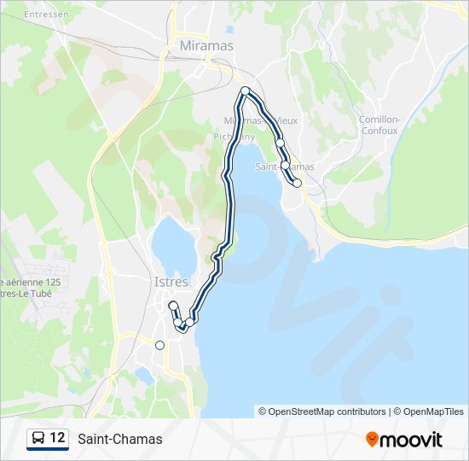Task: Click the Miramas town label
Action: click(206, 45)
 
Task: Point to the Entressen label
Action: click(45, 15)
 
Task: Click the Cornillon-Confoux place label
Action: click(379, 125)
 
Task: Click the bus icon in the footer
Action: click(38, 439)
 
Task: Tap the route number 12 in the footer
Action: click(57, 438)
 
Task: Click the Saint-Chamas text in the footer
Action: click(119, 439)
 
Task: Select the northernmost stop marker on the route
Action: click(245, 91)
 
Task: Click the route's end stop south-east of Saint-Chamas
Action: click(297, 183)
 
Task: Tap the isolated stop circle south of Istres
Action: click(159, 345)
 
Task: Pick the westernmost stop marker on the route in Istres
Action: click(172, 306)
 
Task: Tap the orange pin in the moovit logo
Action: click(372, 439)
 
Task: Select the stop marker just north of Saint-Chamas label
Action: click(279, 143)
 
